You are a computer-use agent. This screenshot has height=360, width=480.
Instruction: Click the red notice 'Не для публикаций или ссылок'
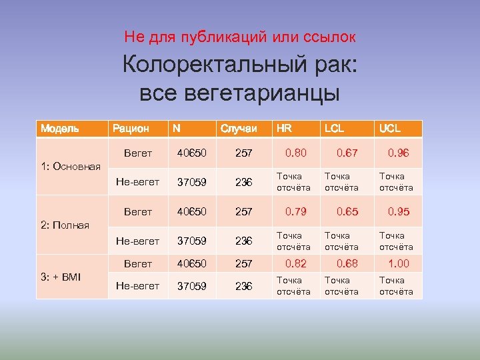[239, 36]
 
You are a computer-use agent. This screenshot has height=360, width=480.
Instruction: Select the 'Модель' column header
[59, 128]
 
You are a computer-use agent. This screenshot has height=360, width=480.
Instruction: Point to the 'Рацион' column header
[131, 128]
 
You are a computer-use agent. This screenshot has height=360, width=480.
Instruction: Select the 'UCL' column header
[390, 128]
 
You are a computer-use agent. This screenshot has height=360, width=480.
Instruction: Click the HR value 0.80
[296, 153]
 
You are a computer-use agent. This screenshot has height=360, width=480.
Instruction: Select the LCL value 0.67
[347, 153]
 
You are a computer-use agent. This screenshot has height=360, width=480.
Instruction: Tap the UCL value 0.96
[399, 153]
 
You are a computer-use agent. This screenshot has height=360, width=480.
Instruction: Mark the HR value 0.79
[296, 212]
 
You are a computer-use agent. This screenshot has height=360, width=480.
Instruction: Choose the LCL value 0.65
[347, 212]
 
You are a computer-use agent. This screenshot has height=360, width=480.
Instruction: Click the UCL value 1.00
[399, 263]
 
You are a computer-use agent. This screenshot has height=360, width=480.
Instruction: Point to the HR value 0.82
[296, 263]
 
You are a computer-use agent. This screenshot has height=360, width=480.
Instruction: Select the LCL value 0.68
[347, 263]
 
